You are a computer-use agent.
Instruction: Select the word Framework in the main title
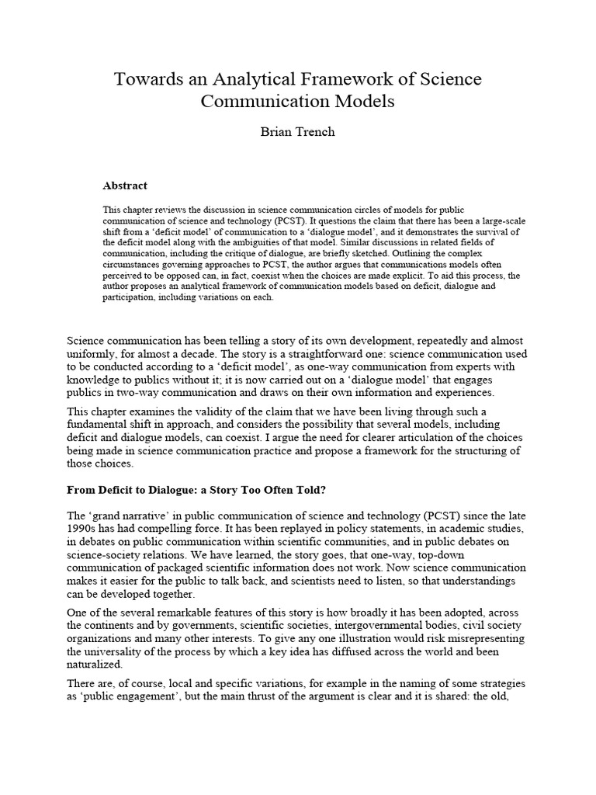coord(348,79)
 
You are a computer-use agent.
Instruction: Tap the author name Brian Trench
coord(297,132)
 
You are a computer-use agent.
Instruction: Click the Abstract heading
coord(125,186)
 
